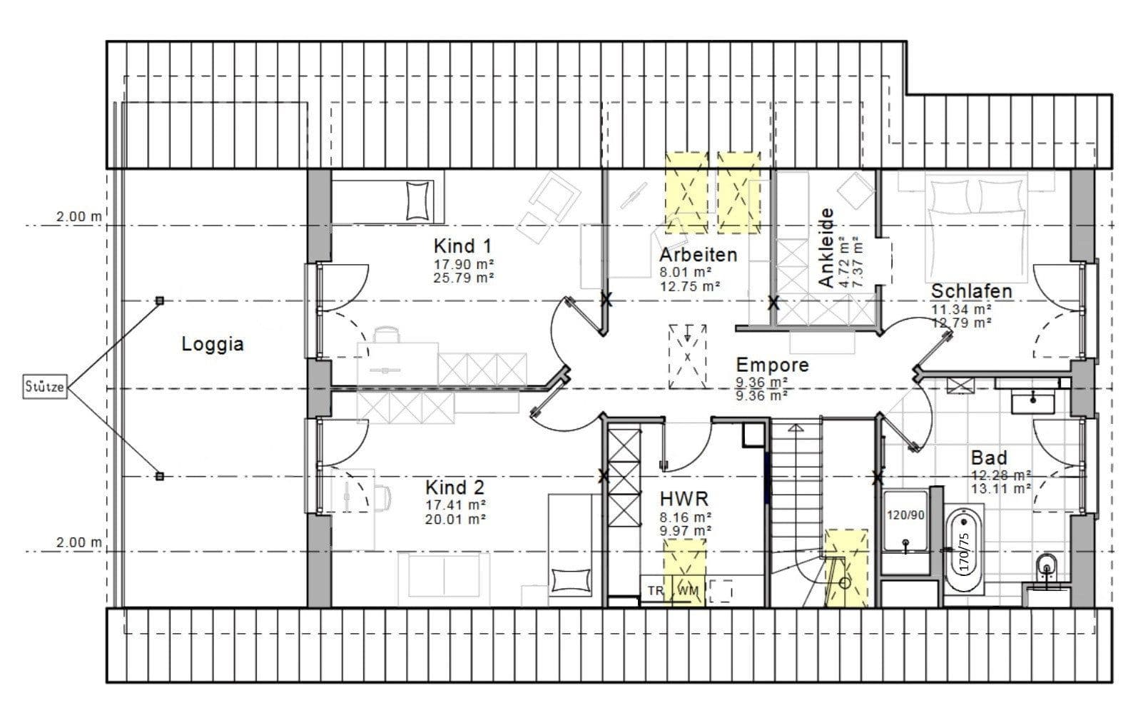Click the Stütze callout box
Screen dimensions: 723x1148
tap(45, 388)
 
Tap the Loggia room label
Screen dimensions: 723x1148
tap(213, 344)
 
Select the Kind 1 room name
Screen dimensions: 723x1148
tap(462, 246)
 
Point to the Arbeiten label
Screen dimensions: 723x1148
tap(698, 255)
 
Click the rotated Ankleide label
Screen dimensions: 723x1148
tap(826, 248)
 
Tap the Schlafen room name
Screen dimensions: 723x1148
tap(971, 291)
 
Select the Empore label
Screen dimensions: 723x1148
tap(772, 365)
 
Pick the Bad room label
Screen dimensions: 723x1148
tap(988, 457)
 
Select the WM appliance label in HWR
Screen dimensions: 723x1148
tap(688, 590)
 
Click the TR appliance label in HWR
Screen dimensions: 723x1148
tap(654, 590)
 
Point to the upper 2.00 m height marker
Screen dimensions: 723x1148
tap(79, 217)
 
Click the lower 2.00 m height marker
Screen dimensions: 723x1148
tap(79, 542)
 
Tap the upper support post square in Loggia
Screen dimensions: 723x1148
tap(160, 300)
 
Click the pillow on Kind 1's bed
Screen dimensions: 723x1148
tap(418, 200)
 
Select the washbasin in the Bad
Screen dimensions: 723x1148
tap(1032, 401)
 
